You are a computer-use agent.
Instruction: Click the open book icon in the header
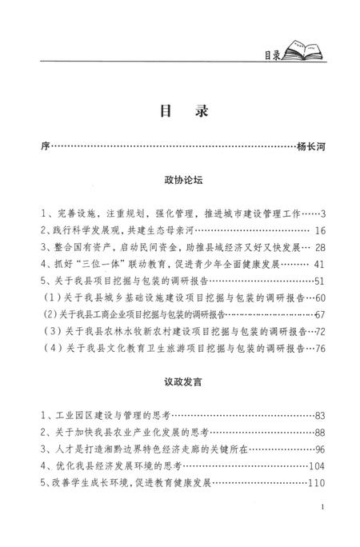tap(306, 54)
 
